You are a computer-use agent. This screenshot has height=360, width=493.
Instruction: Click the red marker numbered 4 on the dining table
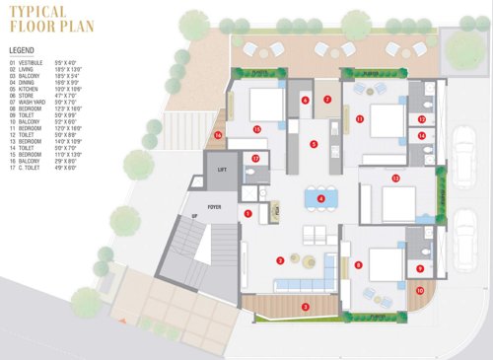pyautogui.click(x=321, y=197)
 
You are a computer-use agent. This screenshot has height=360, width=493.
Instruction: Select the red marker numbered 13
pyautogui.click(x=394, y=179)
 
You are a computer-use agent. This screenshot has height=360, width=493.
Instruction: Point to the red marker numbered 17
pyautogui.click(x=254, y=158)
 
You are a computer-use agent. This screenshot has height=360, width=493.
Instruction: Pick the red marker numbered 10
pyautogui.click(x=419, y=290)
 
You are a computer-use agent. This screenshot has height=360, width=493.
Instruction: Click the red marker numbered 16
pyautogui.click(x=219, y=135)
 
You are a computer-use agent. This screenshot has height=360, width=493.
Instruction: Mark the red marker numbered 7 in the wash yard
pyautogui.click(x=327, y=99)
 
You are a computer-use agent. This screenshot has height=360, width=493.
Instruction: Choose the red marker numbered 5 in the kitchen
pyautogui.click(x=314, y=144)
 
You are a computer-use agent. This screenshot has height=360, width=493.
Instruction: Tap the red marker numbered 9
pyautogui.click(x=419, y=267)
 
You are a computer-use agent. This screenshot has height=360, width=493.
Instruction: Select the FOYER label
pyautogui.click(x=214, y=205)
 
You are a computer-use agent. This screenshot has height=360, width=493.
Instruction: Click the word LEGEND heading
pyautogui.click(x=21, y=48)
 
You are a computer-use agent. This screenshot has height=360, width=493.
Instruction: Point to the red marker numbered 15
pyautogui.click(x=256, y=129)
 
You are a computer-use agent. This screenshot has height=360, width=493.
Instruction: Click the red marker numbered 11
pyautogui.click(x=360, y=118)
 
